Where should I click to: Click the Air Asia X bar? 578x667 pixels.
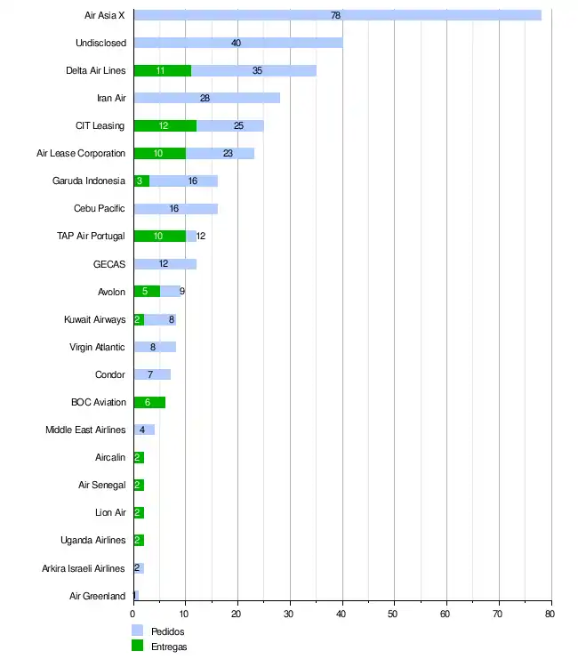[337, 15]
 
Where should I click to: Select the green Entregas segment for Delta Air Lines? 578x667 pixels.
[162, 70]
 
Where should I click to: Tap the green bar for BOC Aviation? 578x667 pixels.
[149, 402]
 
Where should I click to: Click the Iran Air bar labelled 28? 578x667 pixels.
[206, 98]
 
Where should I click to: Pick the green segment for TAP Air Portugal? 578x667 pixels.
[159, 236]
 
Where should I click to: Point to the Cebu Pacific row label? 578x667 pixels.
[100, 209]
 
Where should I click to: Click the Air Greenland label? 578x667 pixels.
[98, 596]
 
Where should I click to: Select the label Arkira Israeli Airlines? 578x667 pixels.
[84, 568]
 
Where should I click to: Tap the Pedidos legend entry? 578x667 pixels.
[168, 631]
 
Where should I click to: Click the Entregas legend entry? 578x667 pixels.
[169, 647]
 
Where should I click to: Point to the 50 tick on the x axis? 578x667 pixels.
[394, 614]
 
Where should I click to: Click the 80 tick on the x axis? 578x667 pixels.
[550, 614]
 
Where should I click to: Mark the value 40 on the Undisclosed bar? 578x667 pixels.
[236, 43]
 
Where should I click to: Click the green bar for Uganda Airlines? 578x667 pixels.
[139, 540]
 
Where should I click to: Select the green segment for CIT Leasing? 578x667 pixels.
[165, 125]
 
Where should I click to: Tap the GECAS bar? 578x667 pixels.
[165, 264]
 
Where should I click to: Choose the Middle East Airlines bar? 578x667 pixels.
[144, 430]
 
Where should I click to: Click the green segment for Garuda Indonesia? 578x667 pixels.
[140, 181]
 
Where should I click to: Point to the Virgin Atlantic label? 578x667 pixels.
[98, 347]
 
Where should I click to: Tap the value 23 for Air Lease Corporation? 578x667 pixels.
[228, 153]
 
